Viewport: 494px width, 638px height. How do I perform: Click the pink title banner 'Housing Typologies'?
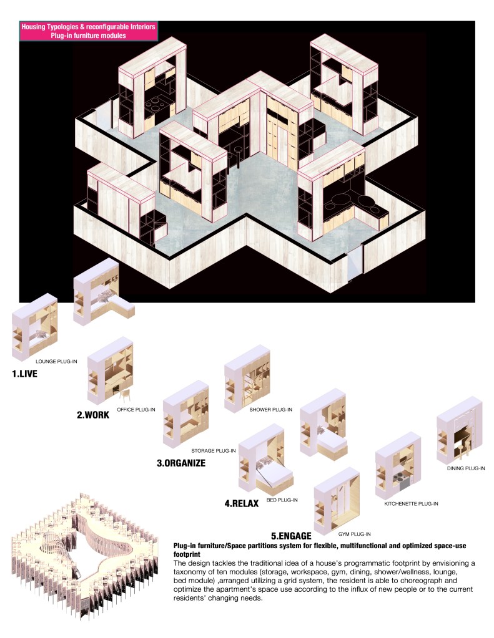click(89, 31)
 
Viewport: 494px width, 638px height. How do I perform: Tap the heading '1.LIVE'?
click(24, 374)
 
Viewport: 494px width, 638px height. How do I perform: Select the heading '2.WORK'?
click(93, 415)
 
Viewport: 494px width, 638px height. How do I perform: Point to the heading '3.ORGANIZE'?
click(181, 463)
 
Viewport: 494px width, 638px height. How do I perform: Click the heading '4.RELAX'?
click(241, 503)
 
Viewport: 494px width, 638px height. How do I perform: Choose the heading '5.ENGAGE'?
click(291, 536)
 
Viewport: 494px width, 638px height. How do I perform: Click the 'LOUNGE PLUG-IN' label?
click(56, 361)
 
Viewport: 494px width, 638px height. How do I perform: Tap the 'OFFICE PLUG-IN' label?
click(136, 409)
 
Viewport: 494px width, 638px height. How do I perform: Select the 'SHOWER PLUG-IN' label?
click(270, 409)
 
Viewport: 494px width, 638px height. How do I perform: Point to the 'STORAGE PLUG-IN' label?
click(213, 451)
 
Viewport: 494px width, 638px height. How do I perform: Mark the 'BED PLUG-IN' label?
click(282, 500)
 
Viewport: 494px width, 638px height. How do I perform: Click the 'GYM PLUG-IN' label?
click(354, 534)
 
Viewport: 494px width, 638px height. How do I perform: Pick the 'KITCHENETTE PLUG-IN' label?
click(411, 504)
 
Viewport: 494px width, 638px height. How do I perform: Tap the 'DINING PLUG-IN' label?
click(466, 468)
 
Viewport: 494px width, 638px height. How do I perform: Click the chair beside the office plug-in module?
click(125, 394)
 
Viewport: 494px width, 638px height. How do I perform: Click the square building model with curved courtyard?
click(84, 556)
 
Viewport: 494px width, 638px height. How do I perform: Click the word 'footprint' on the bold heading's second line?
click(187, 554)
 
